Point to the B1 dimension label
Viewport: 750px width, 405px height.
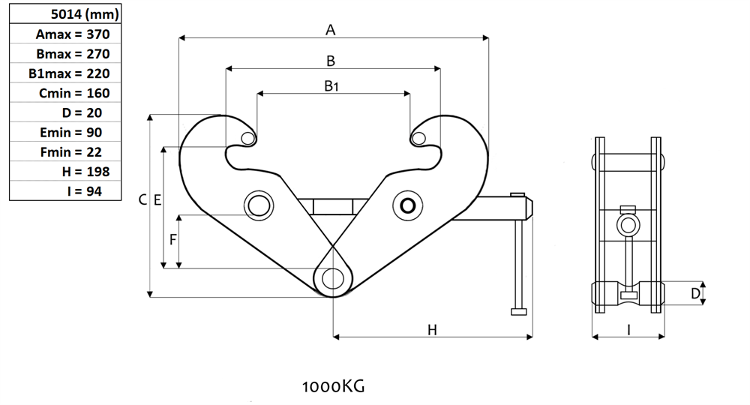click(331, 86)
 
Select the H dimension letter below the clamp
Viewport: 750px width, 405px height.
click(432, 329)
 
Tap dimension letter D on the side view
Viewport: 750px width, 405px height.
click(695, 294)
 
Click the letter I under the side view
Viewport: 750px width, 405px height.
click(628, 329)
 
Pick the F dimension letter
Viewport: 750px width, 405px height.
click(172, 240)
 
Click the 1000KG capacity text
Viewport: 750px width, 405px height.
click(333, 387)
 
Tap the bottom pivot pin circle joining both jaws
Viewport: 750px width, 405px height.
click(331, 278)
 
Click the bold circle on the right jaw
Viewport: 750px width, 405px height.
click(409, 205)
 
